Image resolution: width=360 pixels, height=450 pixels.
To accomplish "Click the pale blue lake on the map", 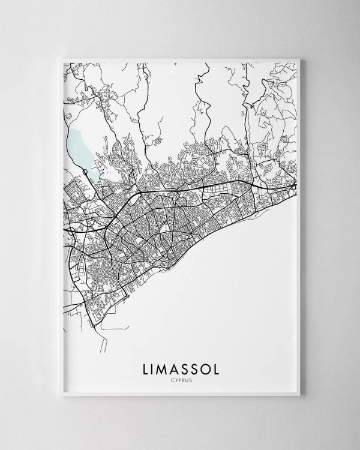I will click(x=79, y=147).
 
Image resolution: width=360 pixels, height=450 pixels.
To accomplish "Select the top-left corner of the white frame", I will click(x=61, y=58).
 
